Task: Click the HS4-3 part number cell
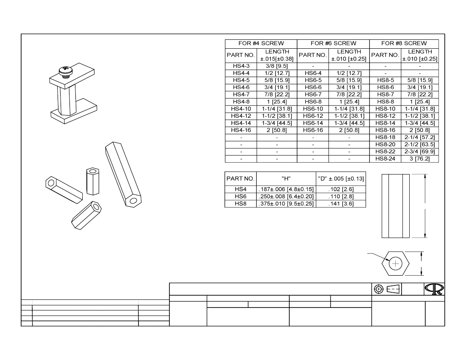(241, 66)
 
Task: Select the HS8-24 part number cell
(385, 159)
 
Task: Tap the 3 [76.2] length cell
(420, 159)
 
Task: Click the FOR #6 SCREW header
(333, 43)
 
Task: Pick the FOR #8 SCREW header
(404, 43)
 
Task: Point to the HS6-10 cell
(313, 109)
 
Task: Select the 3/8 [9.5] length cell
(277, 66)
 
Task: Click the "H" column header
(286, 178)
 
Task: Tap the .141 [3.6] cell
(341, 204)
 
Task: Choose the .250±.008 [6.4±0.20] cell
(286, 197)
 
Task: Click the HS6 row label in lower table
(241, 197)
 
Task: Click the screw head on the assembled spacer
(65, 70)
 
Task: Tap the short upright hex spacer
(92, 181)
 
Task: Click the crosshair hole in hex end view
(396, 263)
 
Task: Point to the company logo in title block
(435, 289)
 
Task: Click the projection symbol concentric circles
(379, 289)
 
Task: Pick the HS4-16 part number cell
(241, 130)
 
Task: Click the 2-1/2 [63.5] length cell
(420, 144)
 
